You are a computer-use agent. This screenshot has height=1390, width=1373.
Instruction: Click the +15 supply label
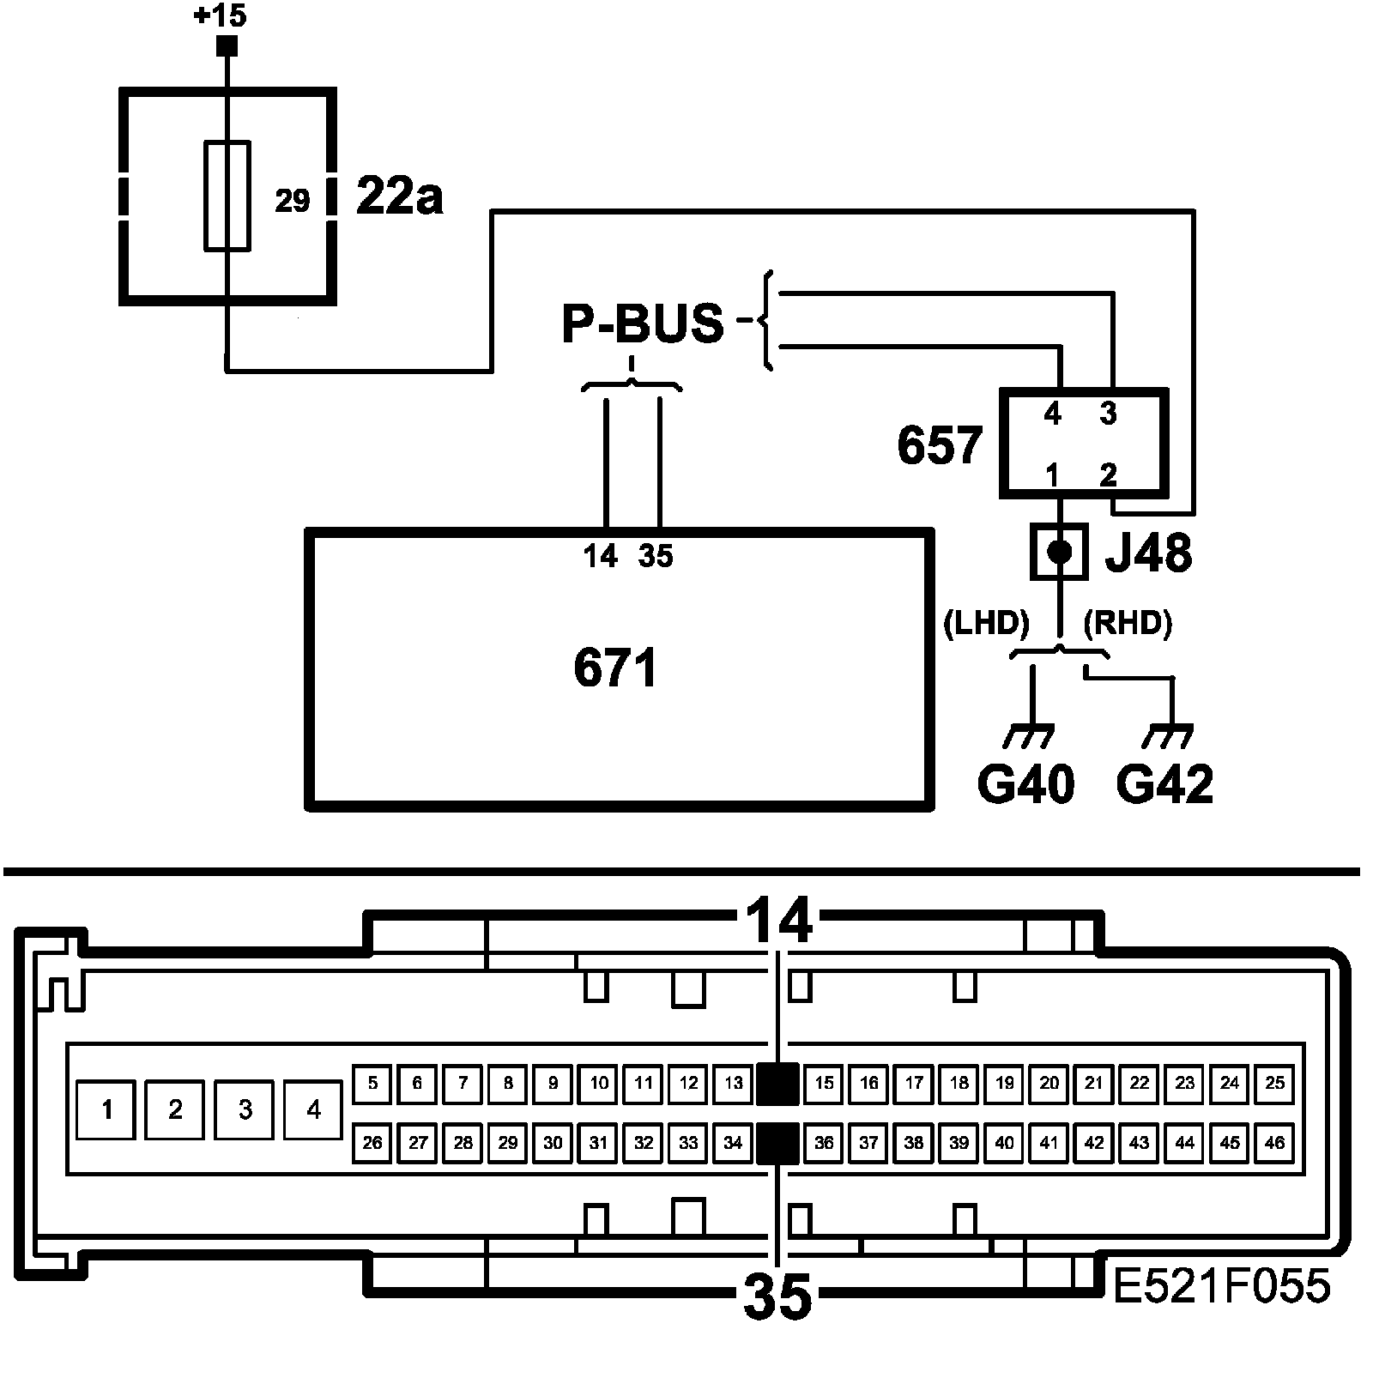221,16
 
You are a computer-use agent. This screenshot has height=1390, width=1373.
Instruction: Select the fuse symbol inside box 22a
227,196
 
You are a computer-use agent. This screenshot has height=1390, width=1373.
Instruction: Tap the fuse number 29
292,201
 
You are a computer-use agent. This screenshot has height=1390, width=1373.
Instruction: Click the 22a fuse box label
399,197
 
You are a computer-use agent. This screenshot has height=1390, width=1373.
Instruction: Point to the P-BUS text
643,323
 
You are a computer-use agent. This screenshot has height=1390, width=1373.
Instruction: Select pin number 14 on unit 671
601,557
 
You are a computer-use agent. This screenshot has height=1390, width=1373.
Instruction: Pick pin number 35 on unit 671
656,557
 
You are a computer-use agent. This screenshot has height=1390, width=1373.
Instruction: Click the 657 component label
940,445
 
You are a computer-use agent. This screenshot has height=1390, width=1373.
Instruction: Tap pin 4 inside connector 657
1053,415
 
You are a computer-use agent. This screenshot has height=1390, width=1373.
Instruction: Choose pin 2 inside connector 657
1109,474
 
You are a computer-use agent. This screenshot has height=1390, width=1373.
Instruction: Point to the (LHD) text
986,624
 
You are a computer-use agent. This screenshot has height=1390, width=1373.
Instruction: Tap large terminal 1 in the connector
106,1109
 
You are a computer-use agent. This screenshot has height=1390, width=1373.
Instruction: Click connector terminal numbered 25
1275,1083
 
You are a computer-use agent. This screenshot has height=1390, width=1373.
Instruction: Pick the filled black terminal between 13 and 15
778,1083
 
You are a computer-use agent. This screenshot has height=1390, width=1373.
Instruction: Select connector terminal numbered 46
1275,1143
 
